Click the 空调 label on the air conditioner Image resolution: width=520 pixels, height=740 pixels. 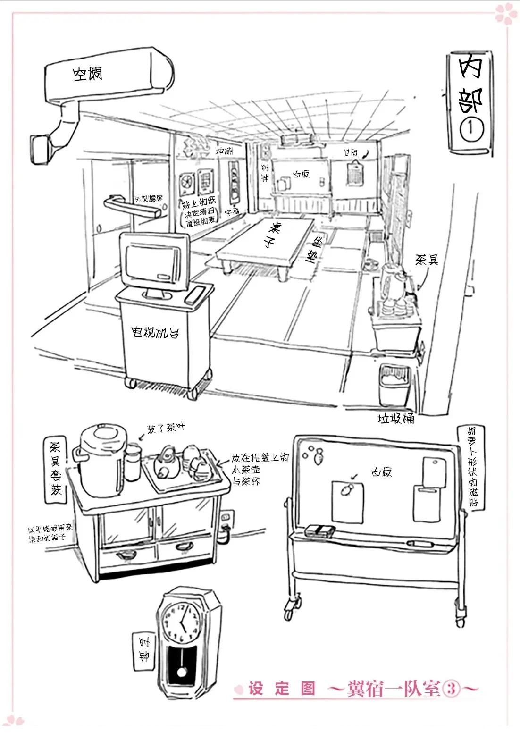87,74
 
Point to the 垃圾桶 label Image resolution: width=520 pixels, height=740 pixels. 395,419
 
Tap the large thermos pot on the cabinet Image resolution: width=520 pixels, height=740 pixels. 102,460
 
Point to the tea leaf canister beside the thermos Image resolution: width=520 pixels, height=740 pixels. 133,462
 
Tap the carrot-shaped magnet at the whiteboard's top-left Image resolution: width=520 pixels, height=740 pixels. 319,456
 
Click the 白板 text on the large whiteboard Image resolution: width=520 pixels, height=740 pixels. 381,472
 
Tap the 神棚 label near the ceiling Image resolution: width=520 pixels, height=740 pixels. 225,151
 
